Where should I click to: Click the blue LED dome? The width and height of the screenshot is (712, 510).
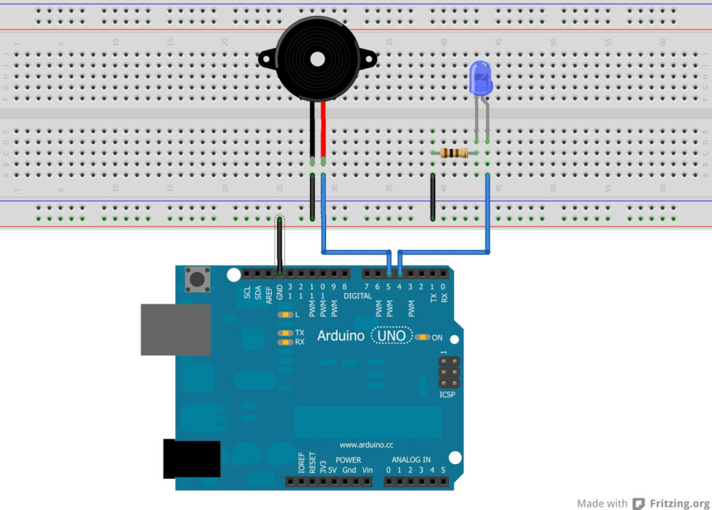pyautogui.click(x=480, y=77)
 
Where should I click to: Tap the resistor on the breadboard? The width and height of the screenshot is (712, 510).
pyautogui.click(x=455, y=153)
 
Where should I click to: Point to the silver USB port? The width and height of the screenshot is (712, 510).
pyautogui.click(x=175, y=329)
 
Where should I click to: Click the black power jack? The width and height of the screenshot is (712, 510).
pyautogui.click(x=191, y=459)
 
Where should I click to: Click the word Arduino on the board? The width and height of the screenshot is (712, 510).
pyautogui.click(x=341, y=336)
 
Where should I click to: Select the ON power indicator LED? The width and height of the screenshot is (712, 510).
pyautogui.click(x=422, y=337)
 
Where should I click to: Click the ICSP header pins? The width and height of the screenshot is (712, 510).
pyautogui.click(x=449, y=373)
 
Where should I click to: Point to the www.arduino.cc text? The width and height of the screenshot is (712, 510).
pyautogui.click(x=366, y=444)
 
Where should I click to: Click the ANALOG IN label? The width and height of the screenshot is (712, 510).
pyautogui.click(x=411, y=460)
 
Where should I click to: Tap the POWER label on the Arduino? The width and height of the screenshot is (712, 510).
pyautogui.click(x=348, y=460)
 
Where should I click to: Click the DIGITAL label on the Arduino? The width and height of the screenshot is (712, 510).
pyautogui.click(x=357, y=296)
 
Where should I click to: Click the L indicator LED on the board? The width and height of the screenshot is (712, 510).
pyautogui.click(x=284, y=315)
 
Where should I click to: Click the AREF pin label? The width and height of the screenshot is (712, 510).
pyautogui.click(x=268, y=293)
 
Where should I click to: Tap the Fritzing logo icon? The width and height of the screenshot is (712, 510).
pyautogui.click(x=639, y=503)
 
